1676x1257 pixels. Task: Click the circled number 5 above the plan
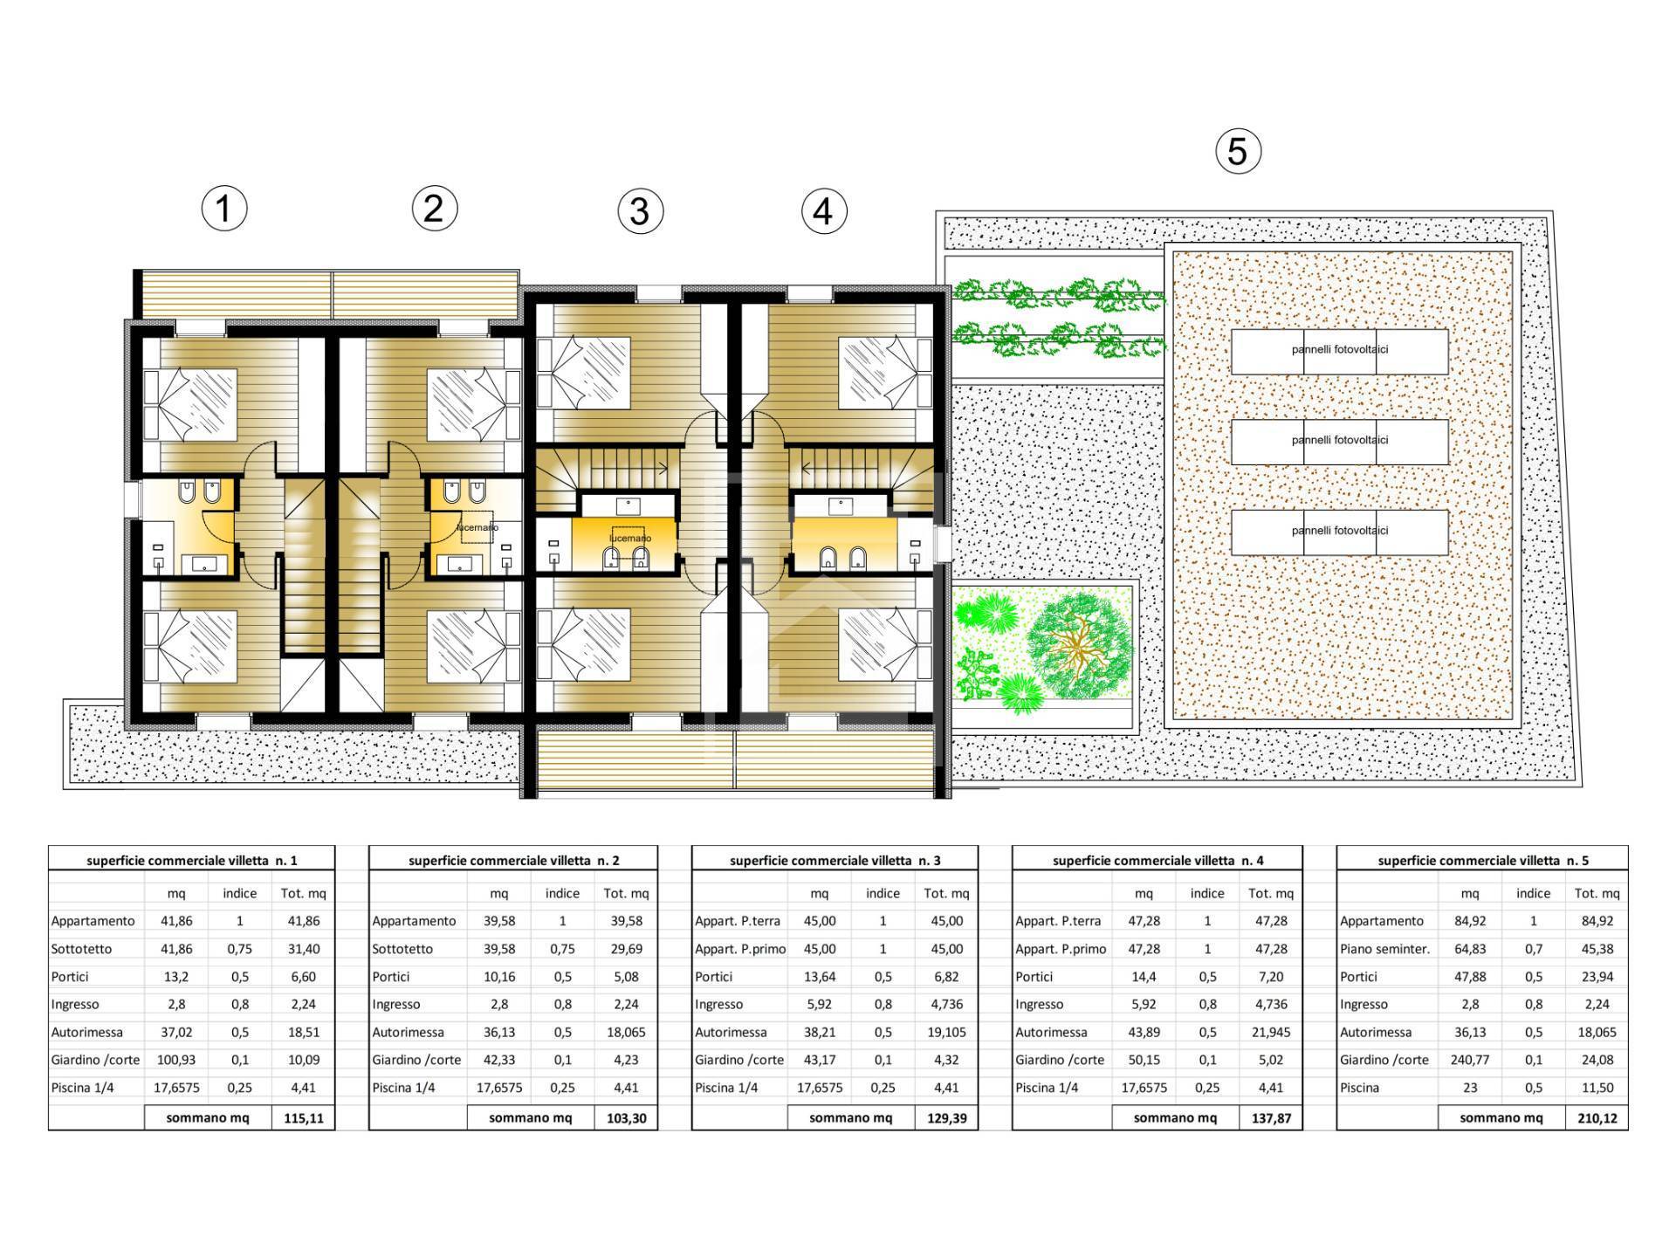1238,151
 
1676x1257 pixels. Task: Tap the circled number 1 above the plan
224,209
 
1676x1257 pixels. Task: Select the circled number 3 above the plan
640,211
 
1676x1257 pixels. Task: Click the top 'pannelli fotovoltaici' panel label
1340,350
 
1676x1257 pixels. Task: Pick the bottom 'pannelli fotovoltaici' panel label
1340,531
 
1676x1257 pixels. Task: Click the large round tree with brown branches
1080,646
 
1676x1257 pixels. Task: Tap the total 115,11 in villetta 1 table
303,1118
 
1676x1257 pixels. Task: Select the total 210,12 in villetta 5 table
1597,1118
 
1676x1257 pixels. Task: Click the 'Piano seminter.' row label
1384,949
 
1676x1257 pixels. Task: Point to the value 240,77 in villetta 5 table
1470,1060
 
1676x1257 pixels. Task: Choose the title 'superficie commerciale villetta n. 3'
835,860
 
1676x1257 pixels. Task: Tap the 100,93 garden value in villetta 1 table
176,1060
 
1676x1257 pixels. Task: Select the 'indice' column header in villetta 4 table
1206,893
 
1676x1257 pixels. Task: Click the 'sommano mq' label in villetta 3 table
850,1118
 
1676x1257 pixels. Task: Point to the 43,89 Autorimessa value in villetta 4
1144,1032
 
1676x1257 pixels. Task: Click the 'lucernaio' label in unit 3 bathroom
629,539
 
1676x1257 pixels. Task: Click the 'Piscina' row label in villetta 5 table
1360,1088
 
